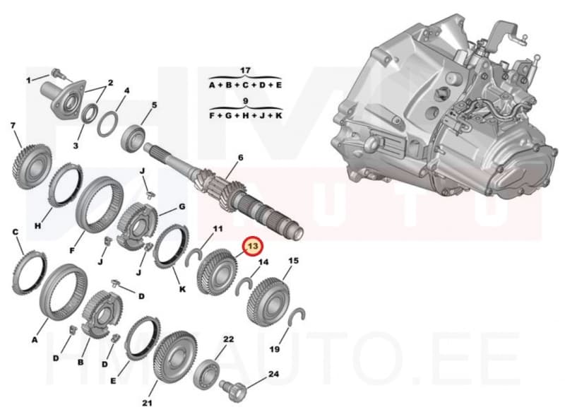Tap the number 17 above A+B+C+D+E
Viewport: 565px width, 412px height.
pyautogui.click(x=245, y=71)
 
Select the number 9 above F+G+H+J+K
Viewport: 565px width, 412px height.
pyautogui.click(x=245, y=101)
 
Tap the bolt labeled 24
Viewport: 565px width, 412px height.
pyautogui.click(x=233, y=388)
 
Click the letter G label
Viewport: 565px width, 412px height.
pyautogui.click(x=182, y=207)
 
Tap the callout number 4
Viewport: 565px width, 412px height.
pyautogui.click(x=126, y=90)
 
